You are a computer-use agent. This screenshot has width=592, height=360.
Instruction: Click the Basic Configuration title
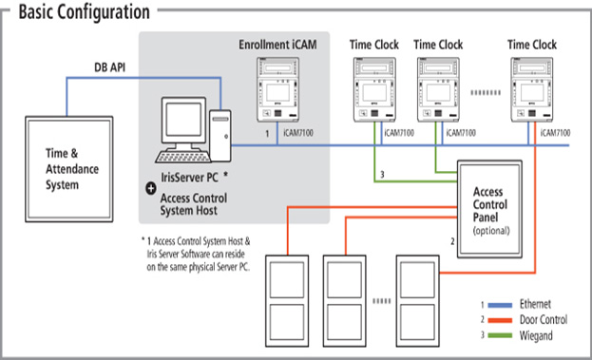[x=85, y=12]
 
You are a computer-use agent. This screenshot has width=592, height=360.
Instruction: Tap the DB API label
[x=109, y=67]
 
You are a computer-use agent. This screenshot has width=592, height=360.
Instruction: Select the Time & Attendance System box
[x=69, y=169]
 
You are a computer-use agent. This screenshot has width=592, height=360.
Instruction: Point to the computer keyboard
[x=183, y=157]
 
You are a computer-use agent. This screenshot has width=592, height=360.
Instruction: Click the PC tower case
[x=220, y=136]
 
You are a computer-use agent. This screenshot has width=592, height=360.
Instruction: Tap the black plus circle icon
[x=151, y=188]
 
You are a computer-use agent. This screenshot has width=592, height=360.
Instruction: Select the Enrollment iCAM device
[x=277, y=89]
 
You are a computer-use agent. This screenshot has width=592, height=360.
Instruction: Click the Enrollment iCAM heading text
[x=277, y=45]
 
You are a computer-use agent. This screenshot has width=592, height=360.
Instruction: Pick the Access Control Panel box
[x=489, y=209]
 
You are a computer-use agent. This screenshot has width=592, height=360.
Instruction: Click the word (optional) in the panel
[x=491, y=231]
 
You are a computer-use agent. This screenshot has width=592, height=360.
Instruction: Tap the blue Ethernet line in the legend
[x=500, y=305]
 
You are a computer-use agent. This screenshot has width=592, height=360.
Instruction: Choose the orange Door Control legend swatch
[x=500, y=320]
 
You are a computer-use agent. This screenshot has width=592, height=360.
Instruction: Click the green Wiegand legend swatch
[x=500, y=335]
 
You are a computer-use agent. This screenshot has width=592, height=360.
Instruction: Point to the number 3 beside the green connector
[x=382, y=175]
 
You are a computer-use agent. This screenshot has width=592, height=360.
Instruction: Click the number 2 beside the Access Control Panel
[x=452, y=241]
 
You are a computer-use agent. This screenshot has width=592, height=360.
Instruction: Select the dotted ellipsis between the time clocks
[x=486, y=92]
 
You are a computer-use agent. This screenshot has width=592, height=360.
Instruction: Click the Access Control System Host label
[x=194, y=204]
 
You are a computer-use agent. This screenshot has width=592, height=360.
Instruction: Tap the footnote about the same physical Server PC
[x=196, y=254]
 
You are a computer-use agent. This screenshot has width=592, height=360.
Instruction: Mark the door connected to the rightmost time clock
[x=417, y=301]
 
